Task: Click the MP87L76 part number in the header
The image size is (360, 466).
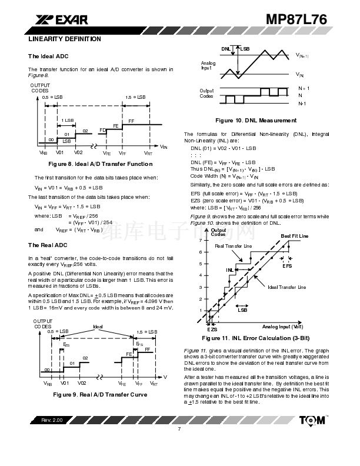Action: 296,19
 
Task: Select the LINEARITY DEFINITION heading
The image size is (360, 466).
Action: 65,39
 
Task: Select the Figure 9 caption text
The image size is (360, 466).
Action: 101,394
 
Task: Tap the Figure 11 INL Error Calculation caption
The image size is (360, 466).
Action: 256,339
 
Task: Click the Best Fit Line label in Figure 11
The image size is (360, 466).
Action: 294,236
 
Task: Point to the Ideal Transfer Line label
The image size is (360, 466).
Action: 286,287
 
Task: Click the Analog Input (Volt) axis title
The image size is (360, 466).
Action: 282,326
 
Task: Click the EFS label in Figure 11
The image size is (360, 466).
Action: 286,266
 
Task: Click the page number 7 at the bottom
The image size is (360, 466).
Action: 179,428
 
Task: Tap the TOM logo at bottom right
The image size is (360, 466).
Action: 311,421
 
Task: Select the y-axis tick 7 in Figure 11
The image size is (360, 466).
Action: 201,239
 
